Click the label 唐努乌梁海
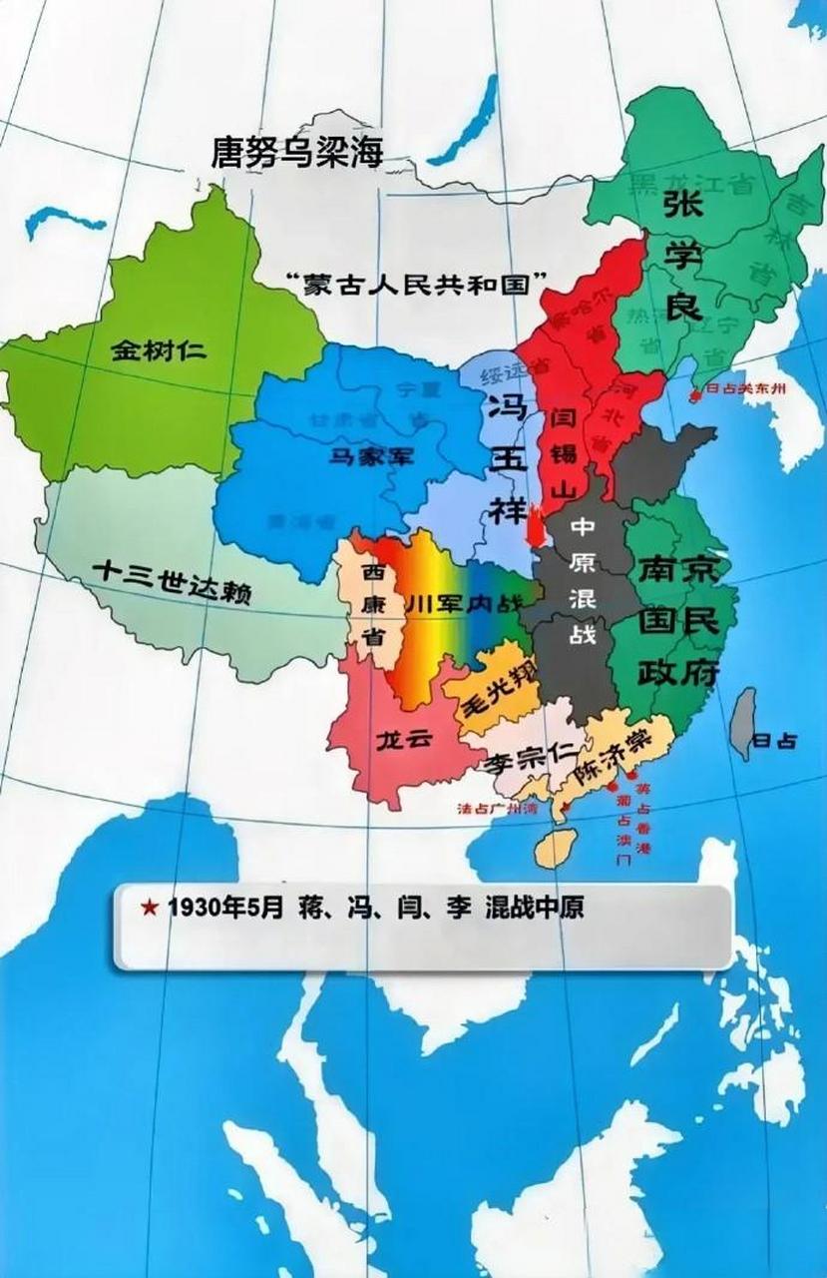(297, 153)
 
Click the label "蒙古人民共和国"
(418, 282)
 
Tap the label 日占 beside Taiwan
(775, 742)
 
